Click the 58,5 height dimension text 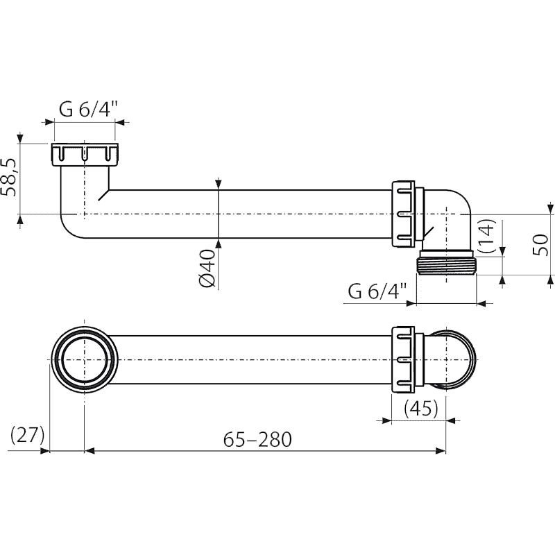pos(9,177)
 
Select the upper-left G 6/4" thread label pos(88,110)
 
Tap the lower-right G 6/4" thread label pos(377,291)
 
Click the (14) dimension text pos(486,236)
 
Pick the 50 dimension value pos(540,244)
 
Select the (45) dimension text pos(421,409)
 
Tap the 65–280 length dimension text pos(257,440)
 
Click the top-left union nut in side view pos(85,155)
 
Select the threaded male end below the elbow pos(447,262)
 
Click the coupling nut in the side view pos(404,214)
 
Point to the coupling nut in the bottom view pos(404,359)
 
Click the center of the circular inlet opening pos(84,359)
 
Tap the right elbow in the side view pos(447,220)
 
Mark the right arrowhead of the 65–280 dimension pos(441,450)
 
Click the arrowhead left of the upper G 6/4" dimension pos(49,122)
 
